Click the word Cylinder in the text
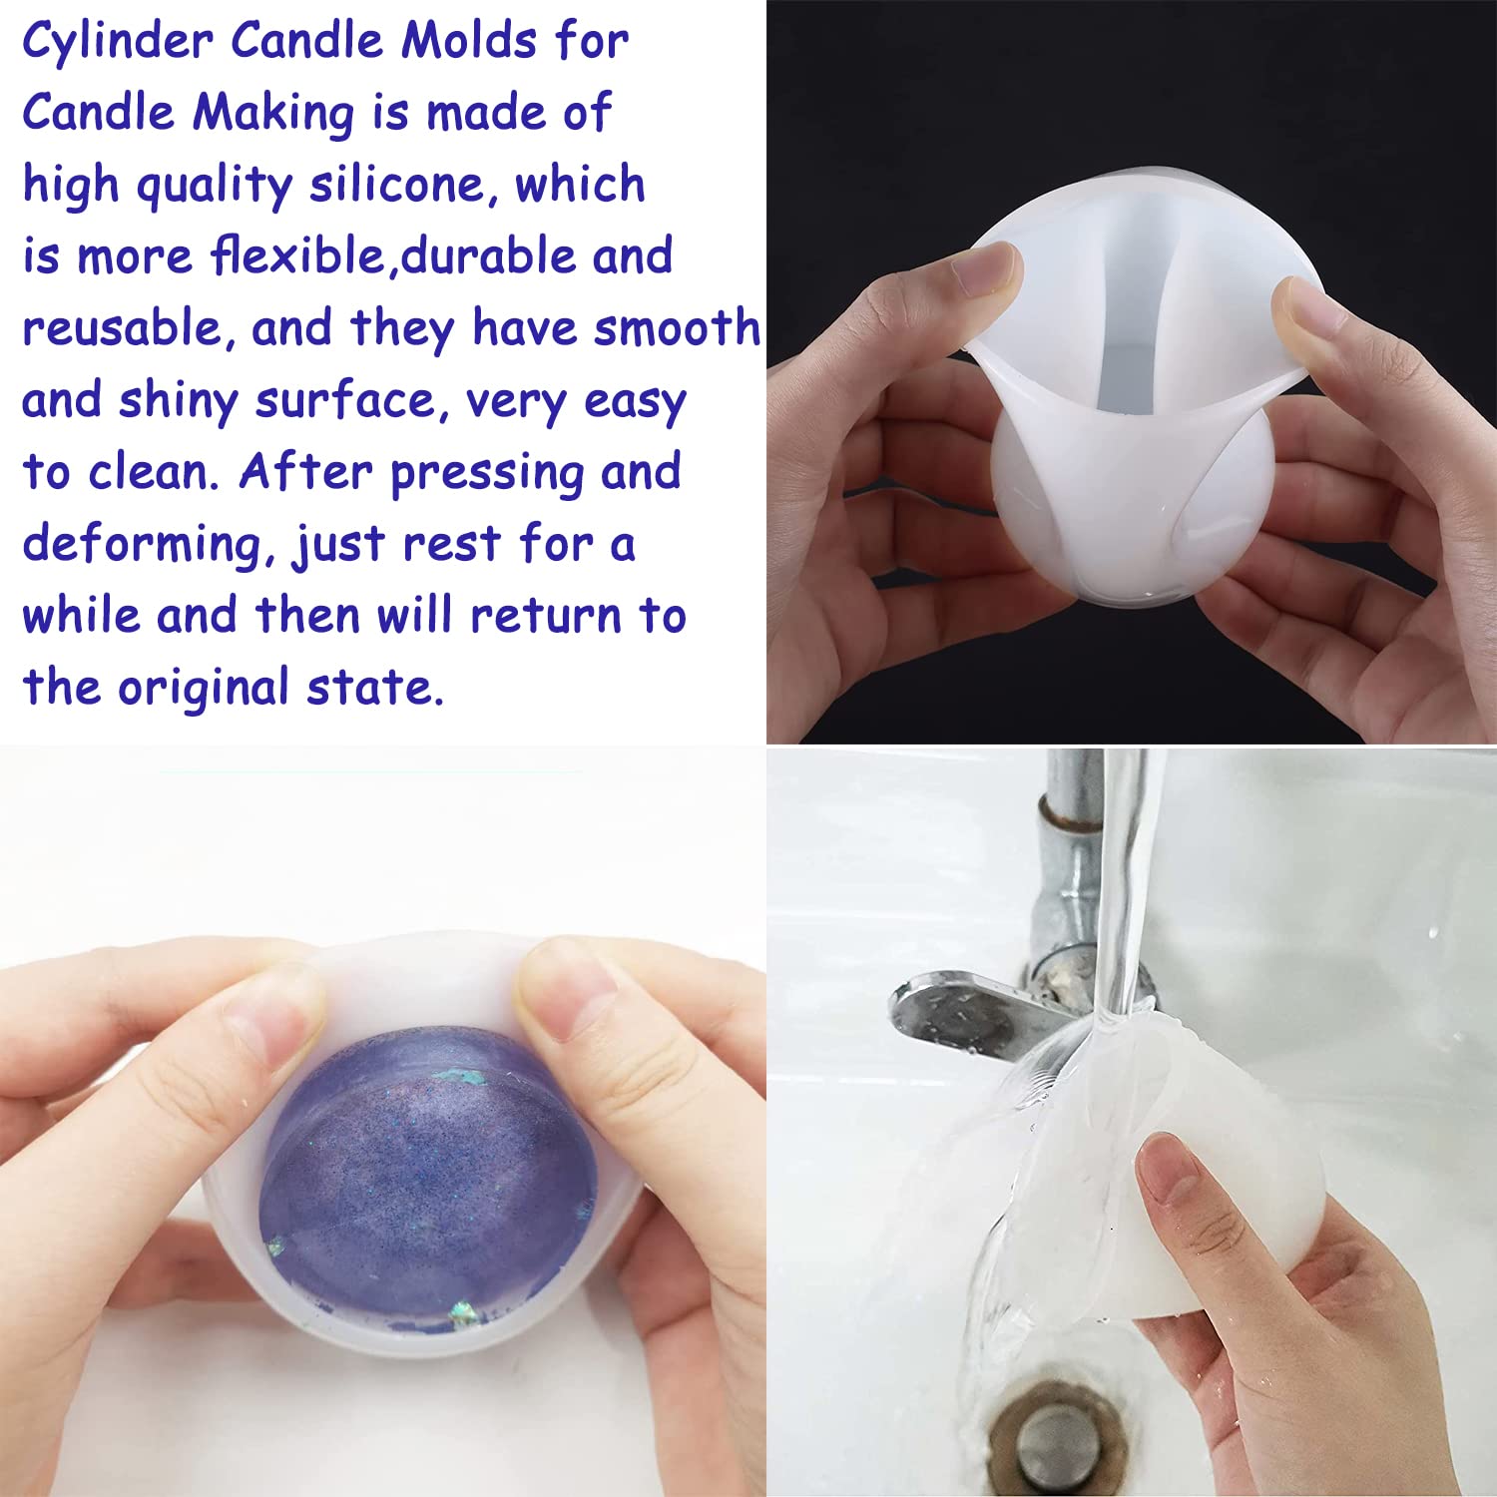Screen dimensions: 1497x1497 pyautogui.click(x=118, y=43)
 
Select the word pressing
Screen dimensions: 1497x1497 pyautogui.click(x=486, y=474)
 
